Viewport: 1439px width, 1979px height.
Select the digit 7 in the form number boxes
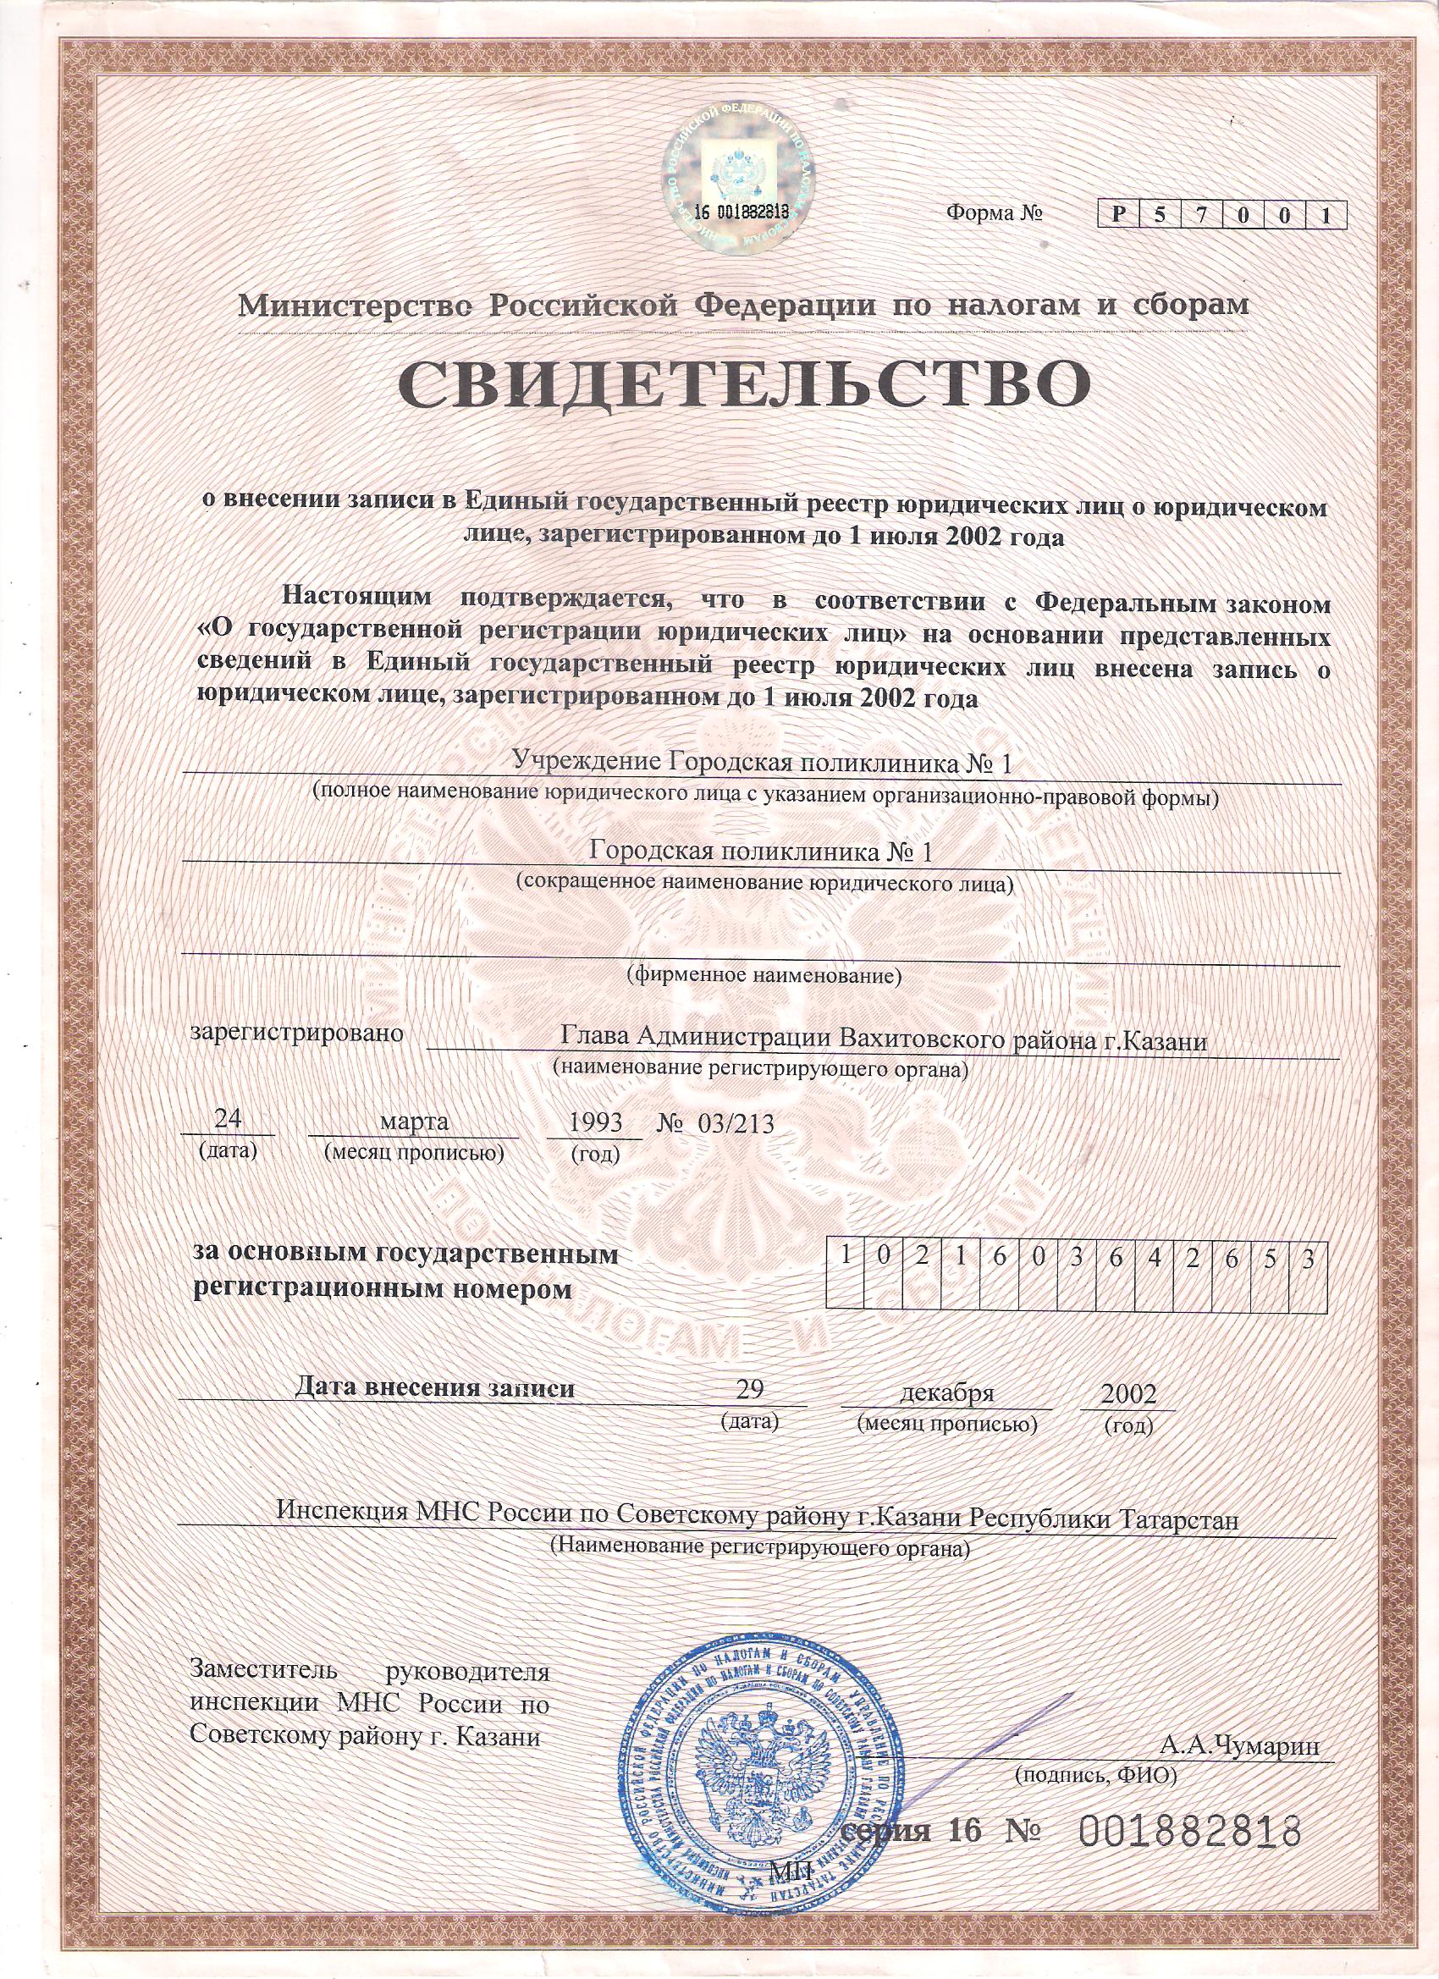click(x=1202, y=215)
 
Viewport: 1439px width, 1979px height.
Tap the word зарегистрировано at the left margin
click(x=300, y=1034)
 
